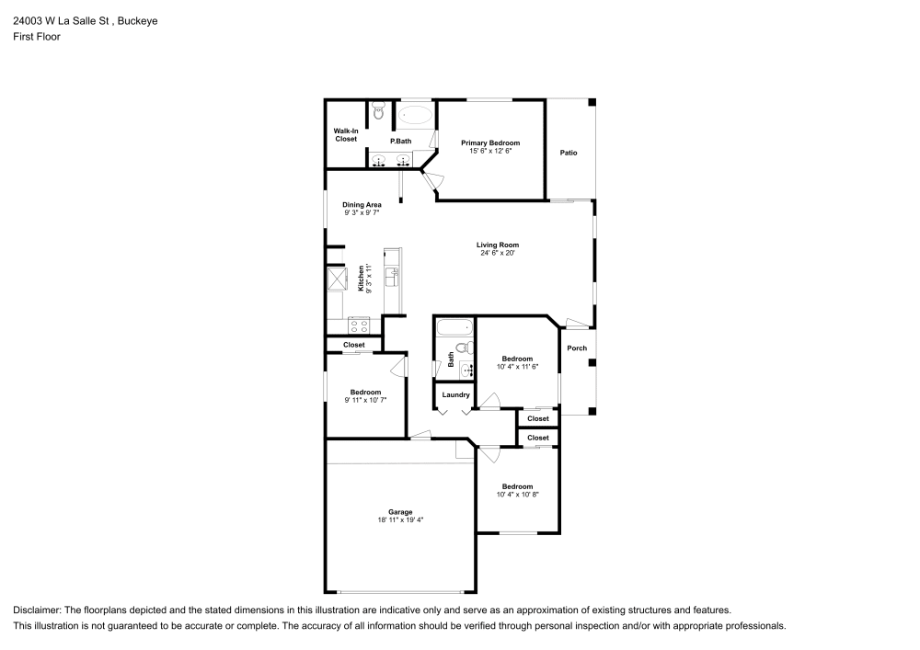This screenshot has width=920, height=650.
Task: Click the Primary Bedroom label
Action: pyautogui.click(x=489, y=143)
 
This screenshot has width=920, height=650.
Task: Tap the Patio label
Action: pyautogui.click(x=569, y=152)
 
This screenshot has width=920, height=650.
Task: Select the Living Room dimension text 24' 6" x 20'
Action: pyautogui.click(x=498, y=253)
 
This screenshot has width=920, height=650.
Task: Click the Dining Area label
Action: pyautogui.click(x=362, y=204)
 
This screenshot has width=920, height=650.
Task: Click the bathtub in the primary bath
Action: pyautogui.click(x=415, y=116)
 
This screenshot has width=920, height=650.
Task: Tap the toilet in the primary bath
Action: pyautogui.click(x=378, y=114)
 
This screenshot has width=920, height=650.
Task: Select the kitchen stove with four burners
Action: pyautogui.click(x=359, y=324)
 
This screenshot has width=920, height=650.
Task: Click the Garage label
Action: pyautogui.click(x=399, y=512)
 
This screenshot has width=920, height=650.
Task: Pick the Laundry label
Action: pyautogui.click(x=455, y=394)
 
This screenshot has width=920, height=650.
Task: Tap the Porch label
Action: pyautogui.click(x=577, y=348)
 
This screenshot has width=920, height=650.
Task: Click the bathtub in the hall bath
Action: pyautogui.click(x=454, y=326)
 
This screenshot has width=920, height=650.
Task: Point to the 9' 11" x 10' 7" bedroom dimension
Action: pyautogui.click(x=365, y=400)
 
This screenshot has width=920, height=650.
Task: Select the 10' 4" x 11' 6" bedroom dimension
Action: pyautogui.click(x=517, y=366)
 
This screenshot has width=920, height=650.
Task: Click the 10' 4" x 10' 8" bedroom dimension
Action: pyautogui.click(x=517, y=494)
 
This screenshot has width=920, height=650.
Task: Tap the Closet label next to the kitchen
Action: pyautogui.click(x=354, y=345)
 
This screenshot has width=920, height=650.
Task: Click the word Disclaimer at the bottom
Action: pyautogui.click(x=37, y=610)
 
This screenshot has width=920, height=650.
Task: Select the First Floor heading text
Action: pyautogui.click(x=37, y=37)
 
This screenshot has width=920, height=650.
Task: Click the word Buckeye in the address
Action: pyautogui.click(x=137, y=20)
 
